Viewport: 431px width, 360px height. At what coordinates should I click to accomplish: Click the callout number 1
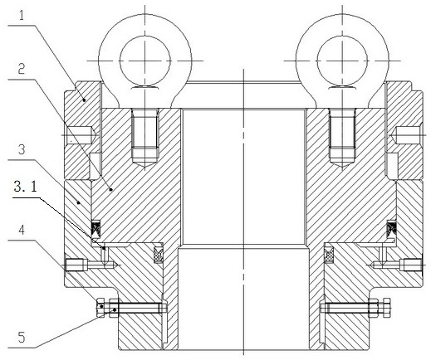(22, 15)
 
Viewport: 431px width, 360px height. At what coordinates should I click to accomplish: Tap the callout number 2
(22, 69)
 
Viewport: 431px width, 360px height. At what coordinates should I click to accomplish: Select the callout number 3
(22, 149)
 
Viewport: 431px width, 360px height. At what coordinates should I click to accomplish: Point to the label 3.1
(26, 187)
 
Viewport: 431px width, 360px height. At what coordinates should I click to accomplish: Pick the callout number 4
(22, 230)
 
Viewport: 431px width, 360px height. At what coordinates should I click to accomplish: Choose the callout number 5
(22, 338)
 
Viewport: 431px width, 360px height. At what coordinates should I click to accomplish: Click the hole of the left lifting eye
(144, 61)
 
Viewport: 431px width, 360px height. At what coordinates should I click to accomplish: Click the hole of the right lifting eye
(342, 61)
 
